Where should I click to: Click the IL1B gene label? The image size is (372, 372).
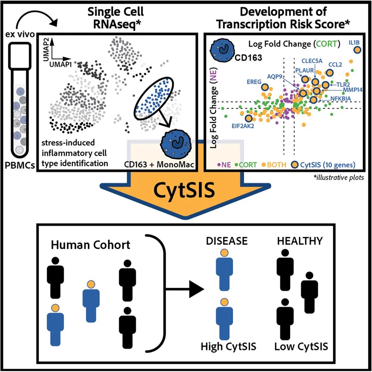coord(354,43)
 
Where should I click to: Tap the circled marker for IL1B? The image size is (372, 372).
coord(357,50)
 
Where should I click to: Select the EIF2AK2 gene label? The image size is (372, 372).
coord(243,126)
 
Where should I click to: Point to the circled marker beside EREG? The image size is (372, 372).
coord(265,87)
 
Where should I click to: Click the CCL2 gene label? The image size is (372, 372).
coord(335,65)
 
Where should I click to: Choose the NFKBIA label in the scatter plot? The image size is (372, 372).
coord(341,99)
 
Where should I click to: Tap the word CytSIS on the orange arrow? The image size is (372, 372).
coord(185,190)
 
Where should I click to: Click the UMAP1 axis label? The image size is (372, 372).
coord(60,65)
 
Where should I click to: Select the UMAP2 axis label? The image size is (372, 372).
coord(46,50)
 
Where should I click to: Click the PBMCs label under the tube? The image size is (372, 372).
coord(20,165)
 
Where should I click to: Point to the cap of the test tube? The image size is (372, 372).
coord(20,56)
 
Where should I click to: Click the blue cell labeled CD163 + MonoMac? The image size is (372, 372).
coord(176,144)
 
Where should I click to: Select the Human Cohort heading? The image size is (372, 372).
coord(90,245)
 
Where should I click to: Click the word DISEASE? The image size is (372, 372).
coord(227,241)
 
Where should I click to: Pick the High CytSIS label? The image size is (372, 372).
coord(229,346)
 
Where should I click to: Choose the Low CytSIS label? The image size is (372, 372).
coord(301,346)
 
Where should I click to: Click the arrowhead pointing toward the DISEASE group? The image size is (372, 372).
coord(196,289)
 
